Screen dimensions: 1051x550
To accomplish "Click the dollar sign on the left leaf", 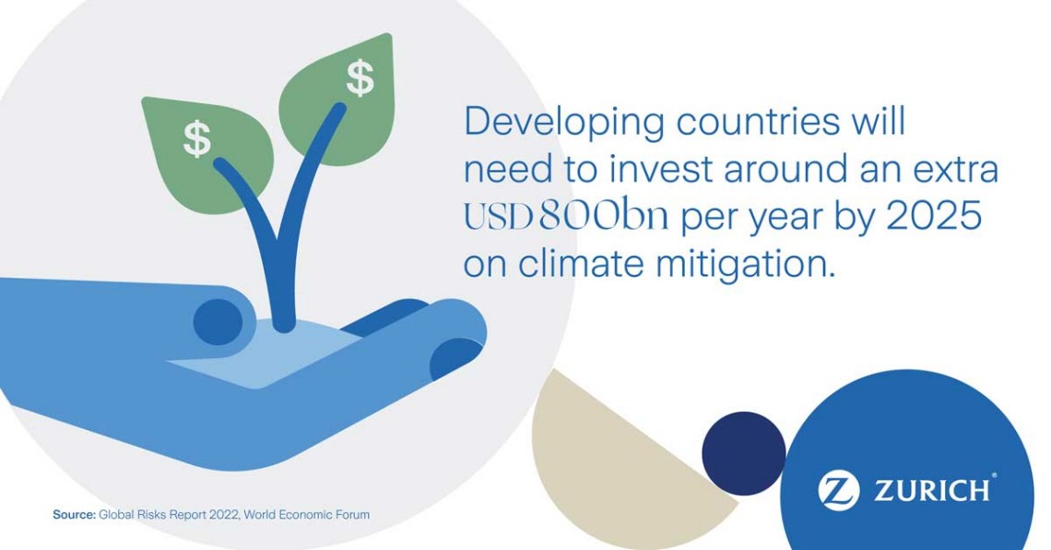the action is click(197, 138).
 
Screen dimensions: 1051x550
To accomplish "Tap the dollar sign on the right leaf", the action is click(360, 78).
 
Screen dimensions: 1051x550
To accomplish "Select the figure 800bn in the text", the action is click(603, 216).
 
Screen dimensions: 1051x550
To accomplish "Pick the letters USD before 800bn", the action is click(499, 217).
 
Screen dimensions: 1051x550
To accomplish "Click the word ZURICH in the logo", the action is click(932, 490).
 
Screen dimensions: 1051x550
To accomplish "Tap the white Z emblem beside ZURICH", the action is click(838, 490).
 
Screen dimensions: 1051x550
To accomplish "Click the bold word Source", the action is click(74, 515).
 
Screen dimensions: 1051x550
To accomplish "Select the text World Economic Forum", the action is click(306, 515).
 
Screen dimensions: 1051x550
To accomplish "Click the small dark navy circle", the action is click(743, 451).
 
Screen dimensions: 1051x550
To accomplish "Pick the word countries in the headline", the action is click(758, 122).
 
